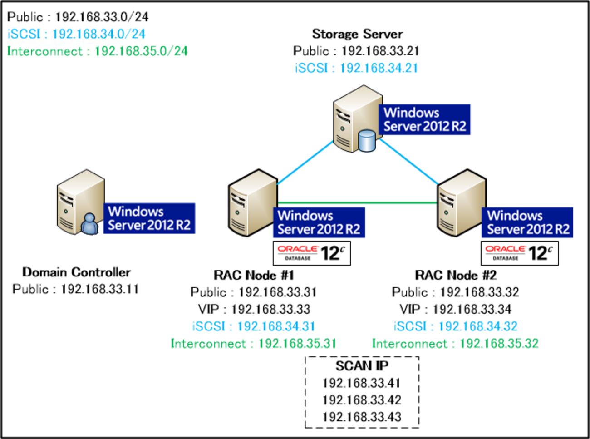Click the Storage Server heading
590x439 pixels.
[357, 34]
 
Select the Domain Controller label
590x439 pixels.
[76, 272]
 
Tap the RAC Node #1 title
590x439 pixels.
[254, 275]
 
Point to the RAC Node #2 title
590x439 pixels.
[456, 275]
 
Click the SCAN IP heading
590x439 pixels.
[362, 366]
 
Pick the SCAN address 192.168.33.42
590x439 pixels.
[362, 400]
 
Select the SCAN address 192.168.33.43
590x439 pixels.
[362, 417]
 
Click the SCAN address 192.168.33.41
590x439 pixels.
[362, 383]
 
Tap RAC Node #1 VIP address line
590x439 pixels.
[254, 309]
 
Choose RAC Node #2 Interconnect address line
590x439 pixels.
[455, 343]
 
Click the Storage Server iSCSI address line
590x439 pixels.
[356, 68]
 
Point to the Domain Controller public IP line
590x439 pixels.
[76, 289]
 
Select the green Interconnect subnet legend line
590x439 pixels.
[97, 51]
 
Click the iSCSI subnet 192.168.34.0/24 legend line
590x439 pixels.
[76, 34]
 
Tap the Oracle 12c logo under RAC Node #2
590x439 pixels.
[520, 253]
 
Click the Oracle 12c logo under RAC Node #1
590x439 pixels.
[312, 253]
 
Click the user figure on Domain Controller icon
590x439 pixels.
[90, 224]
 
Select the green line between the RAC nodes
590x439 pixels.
[357, 202]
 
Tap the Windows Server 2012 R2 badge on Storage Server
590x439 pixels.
[424, 119]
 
